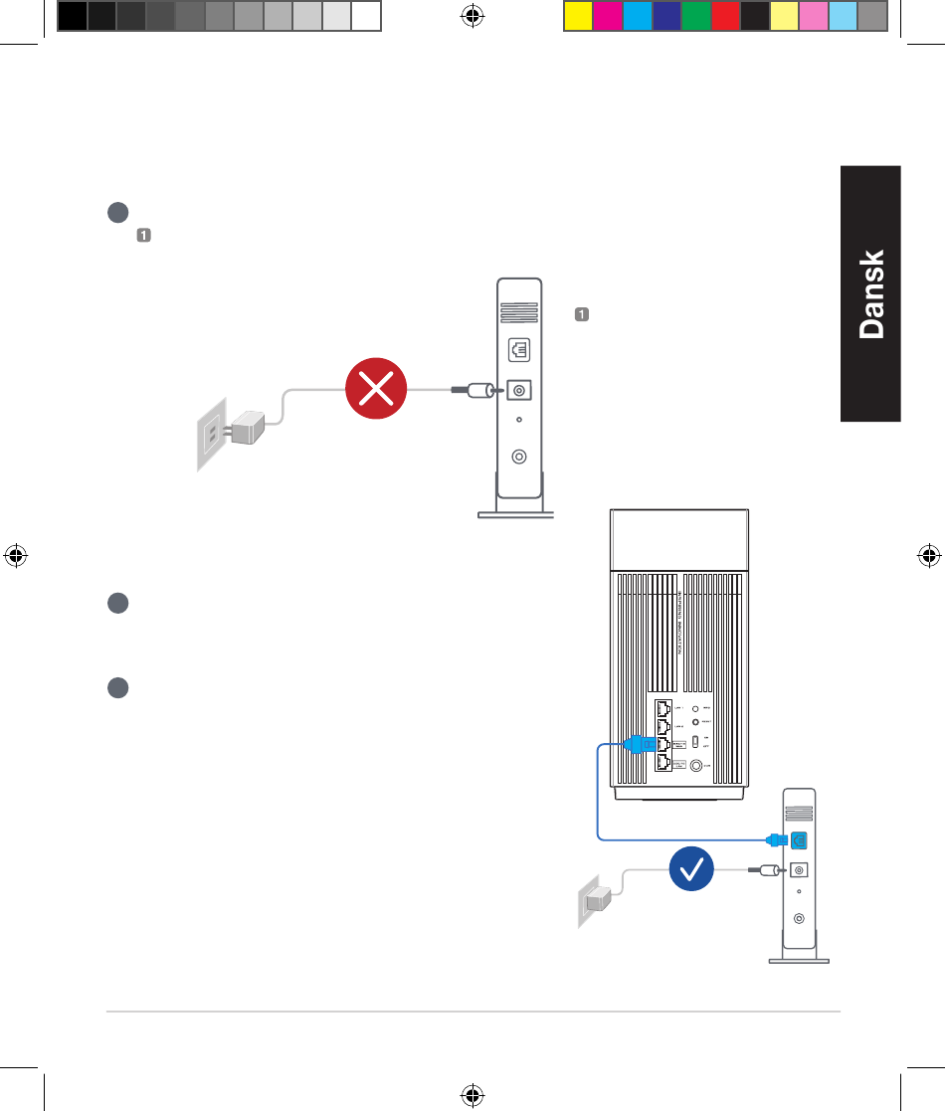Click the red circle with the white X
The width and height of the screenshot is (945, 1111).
coord(376,391)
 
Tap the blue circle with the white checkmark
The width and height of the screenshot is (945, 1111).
coord(692,869)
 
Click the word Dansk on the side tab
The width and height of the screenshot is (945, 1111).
coord(870,294)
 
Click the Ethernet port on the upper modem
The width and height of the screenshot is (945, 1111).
coord(518,350)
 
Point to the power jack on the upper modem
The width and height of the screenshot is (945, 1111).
coord(518,391)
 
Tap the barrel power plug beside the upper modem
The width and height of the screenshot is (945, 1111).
coord(474,391)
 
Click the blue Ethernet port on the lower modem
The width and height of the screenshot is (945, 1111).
coord(799,839)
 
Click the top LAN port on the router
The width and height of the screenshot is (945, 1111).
coord(663,709)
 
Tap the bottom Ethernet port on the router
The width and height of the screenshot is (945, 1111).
coord(663,764)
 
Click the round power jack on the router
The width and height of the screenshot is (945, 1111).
coord(695,766)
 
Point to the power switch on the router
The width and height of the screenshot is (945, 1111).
coord(694,742)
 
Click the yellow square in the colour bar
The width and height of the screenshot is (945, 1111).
coord(578,16)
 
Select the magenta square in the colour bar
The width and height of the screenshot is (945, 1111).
coord(608,16)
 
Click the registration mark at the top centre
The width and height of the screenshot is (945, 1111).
coord(472,16)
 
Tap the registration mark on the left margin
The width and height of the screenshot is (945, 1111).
coord(15,555)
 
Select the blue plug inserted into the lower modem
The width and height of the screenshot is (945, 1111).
coord(777,839)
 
